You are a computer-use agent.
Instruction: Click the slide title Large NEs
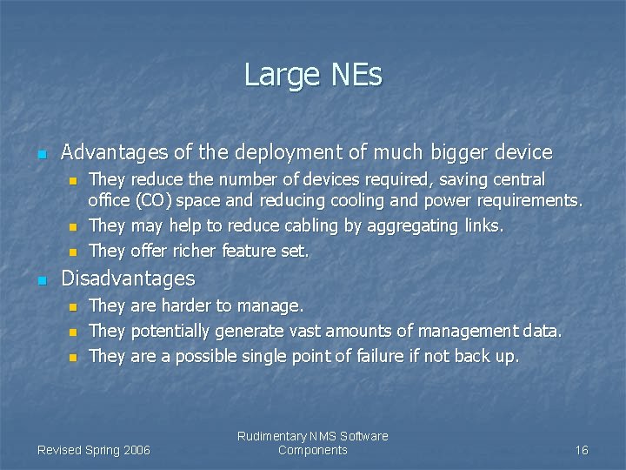(x=313, y=75)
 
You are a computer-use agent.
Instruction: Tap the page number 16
(x=582, y=450)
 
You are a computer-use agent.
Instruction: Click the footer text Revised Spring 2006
(x=94, y=450)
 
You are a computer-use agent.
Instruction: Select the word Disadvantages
(x=129, y=279)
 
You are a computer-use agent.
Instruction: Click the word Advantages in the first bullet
(x=115, y=153)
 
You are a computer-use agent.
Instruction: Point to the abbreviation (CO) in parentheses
(x=151, y=201)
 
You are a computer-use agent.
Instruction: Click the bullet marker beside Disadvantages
(x=41, y=280)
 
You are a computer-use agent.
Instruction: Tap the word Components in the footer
(x=313, y=450)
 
